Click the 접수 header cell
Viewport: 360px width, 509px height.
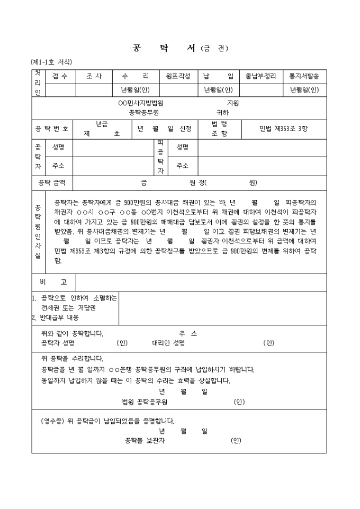point(60,77)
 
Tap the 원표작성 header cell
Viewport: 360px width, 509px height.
point(178,77)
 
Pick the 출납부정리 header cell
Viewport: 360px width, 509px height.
point(260,77)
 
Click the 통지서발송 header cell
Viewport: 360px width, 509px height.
point(304,77)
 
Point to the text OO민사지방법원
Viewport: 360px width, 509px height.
point(140,103)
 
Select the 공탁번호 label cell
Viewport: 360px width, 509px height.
point(51,129)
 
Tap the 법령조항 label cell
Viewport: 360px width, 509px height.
point(219,129)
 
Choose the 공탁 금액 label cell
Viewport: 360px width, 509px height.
point(52,183)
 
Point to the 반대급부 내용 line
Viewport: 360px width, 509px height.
point(55,317)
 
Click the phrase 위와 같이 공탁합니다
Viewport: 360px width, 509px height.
point(71,333)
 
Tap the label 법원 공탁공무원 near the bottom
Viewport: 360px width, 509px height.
point(145,402)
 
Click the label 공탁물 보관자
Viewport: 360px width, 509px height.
point(145,440)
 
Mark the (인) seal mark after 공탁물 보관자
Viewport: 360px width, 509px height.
point(236,440)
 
